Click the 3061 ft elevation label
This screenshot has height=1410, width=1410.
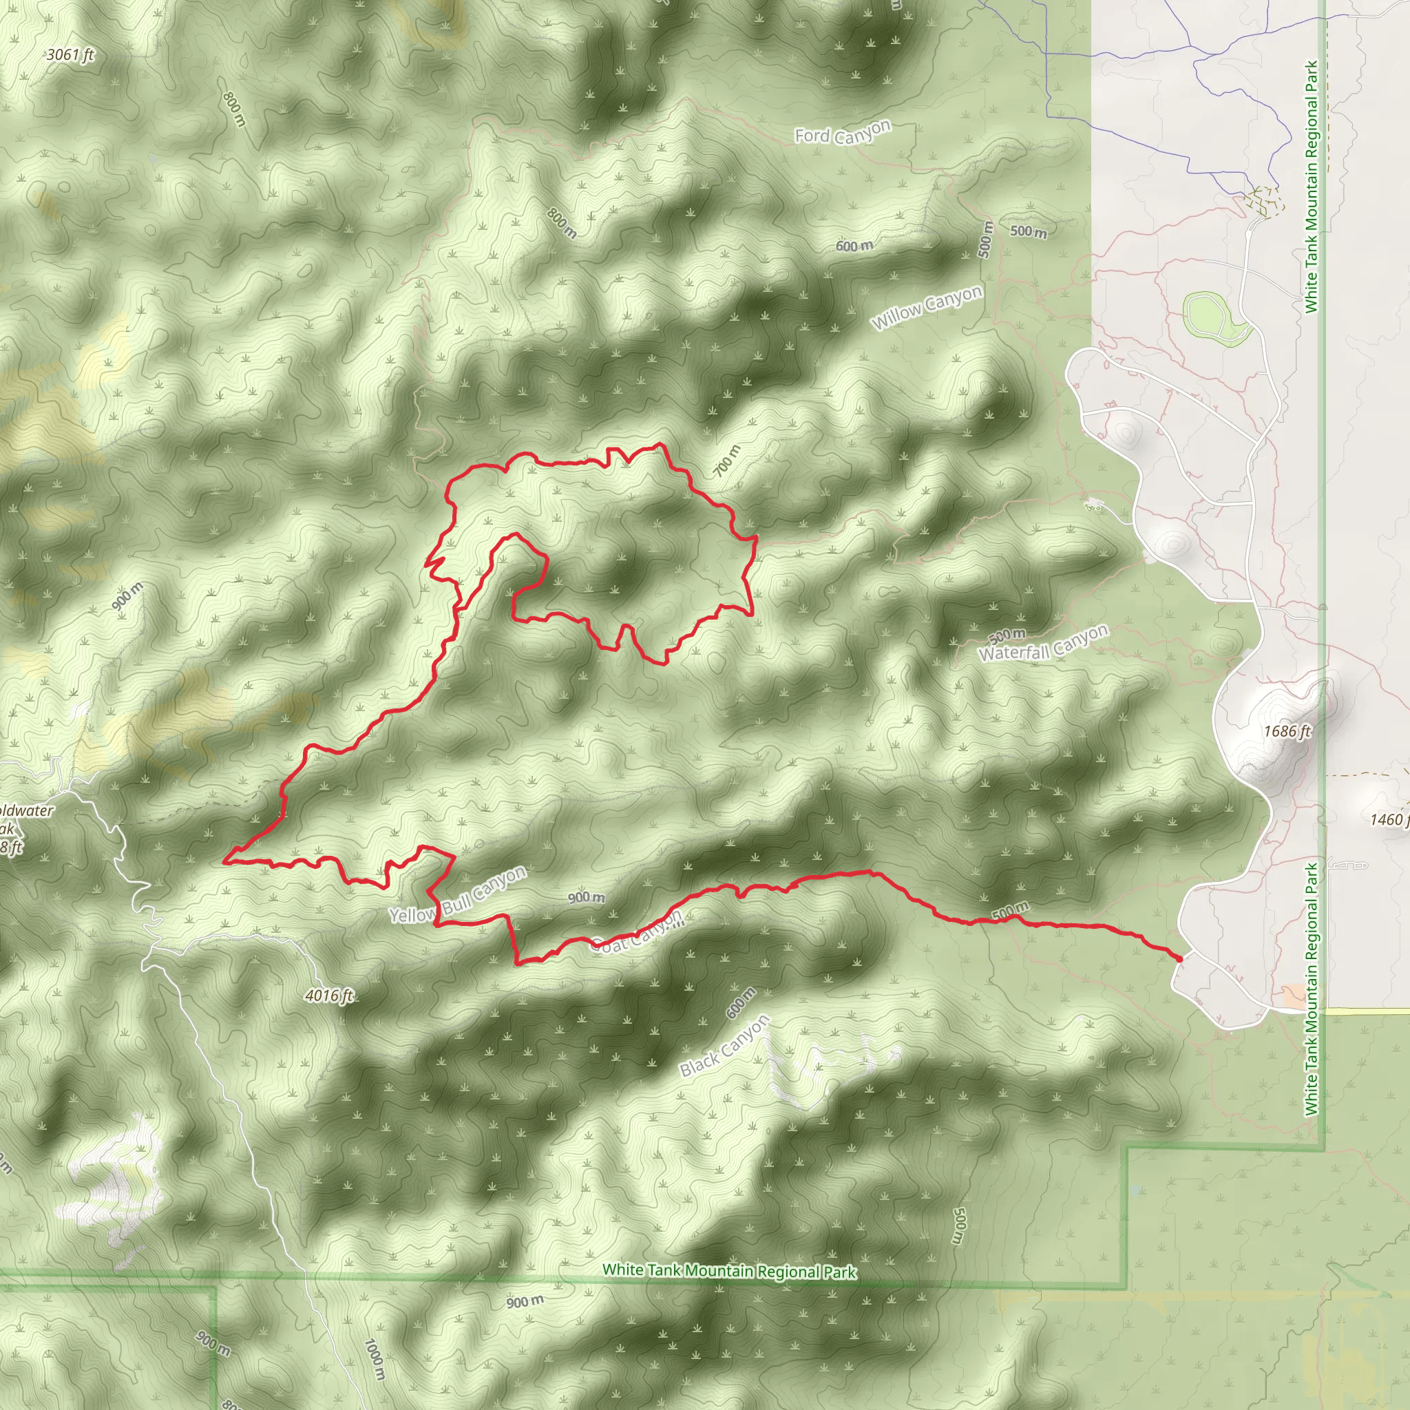70,55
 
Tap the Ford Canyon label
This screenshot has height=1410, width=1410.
843,132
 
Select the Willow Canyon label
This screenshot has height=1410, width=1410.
927,307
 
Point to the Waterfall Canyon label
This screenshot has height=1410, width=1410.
1044,644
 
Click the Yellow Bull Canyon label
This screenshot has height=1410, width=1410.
458,895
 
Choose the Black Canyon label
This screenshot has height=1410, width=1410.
725,1046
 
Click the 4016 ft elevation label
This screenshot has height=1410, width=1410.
329,996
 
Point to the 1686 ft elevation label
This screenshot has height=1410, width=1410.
1287,730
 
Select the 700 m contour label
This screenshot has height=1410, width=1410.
726,461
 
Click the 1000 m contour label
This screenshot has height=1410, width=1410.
374,1359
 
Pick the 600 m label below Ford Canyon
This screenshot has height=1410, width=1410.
854,246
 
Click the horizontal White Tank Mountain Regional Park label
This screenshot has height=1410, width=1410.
729,1271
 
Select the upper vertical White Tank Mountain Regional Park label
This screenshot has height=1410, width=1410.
1312,187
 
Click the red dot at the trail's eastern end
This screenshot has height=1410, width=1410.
1179,958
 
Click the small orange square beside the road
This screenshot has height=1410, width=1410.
1294,996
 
